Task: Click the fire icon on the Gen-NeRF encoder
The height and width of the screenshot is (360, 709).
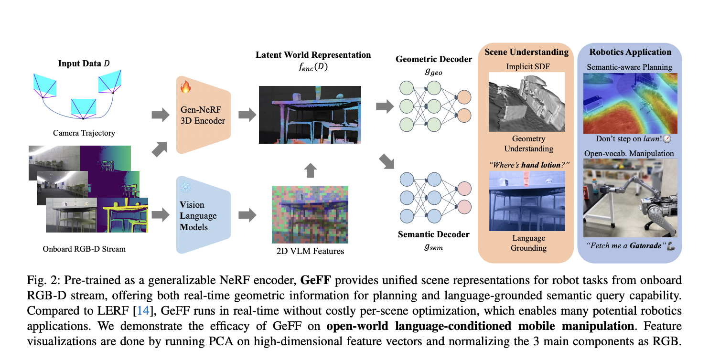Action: coord(185,87)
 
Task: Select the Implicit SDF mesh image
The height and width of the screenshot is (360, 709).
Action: coord(526,102)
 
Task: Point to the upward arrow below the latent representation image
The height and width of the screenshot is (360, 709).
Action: coord(310,169)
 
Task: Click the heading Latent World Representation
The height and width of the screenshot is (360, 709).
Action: coord(313,55)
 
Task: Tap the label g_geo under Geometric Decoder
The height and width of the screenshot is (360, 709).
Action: coord(433,72)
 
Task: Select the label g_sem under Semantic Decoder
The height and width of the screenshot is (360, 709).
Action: coord(433,247)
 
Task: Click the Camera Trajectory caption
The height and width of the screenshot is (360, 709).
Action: coord(84,133)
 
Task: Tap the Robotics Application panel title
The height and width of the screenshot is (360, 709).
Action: coord(630,52)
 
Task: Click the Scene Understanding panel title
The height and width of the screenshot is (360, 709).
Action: coord(526,52)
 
